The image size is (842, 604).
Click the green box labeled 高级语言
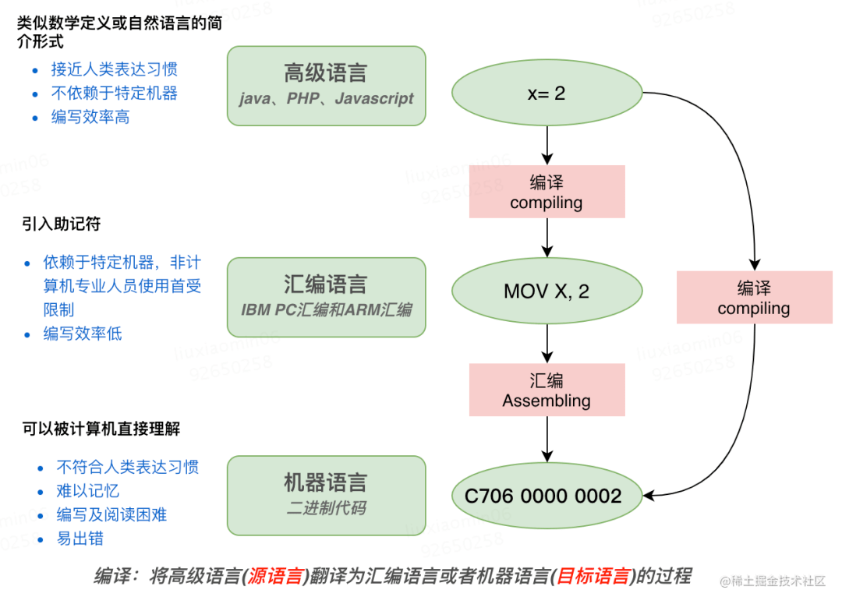[x=326, y=85]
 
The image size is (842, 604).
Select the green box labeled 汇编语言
[x=326, y=296]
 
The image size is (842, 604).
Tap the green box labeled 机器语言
[x=326, y=495]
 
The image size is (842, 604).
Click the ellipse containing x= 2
[x=547, y=94]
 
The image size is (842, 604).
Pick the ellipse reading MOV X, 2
[x=547, y=291]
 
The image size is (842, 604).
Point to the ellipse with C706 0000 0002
[x=547, y=496]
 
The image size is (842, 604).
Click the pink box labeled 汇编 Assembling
[x=547, y=390]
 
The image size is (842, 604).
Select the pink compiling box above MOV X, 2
[x=547, y=192]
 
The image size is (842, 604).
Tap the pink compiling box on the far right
[x=754, y=297]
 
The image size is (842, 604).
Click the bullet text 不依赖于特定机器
[x=115, y=94]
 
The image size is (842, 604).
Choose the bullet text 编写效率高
[x=90, y=117]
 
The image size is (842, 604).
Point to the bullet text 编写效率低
[x=83, y=334]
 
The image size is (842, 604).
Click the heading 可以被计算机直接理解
[x=101, y=429]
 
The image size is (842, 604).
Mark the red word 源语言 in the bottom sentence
[x=275, y=578]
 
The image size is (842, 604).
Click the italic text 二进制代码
[x=326, y=508]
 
